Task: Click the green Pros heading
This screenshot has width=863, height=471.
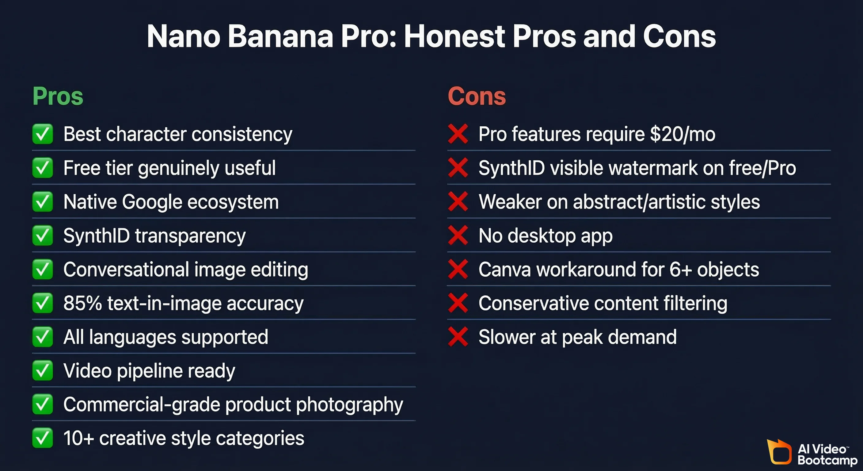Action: (x=58, y=97)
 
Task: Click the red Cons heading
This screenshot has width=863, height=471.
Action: (x=477, y=97)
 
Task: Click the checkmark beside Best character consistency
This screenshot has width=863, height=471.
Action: (x=43, y=134)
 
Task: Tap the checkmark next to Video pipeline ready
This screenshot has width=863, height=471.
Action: (x=43, y=371)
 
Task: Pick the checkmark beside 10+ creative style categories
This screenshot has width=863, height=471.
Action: (x=43, y=438)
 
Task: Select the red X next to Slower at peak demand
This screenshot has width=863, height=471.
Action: (x=458, y=337)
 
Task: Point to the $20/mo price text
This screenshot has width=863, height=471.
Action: (x=682, y=134)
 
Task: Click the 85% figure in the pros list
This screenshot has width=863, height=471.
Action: (x=82, y=303)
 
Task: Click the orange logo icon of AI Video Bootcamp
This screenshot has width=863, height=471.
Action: (x=779, y=452)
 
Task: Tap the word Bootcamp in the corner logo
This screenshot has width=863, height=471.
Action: (x=827, y=460)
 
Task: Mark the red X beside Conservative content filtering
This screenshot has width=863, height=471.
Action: (x=458, y=303)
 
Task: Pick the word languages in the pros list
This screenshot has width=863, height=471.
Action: (x=132, y=337)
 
